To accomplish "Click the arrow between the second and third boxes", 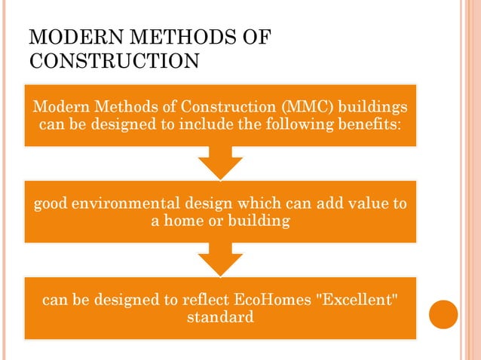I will [220, 261].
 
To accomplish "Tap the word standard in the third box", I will [219, 318].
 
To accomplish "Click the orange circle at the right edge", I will [443, 314].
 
